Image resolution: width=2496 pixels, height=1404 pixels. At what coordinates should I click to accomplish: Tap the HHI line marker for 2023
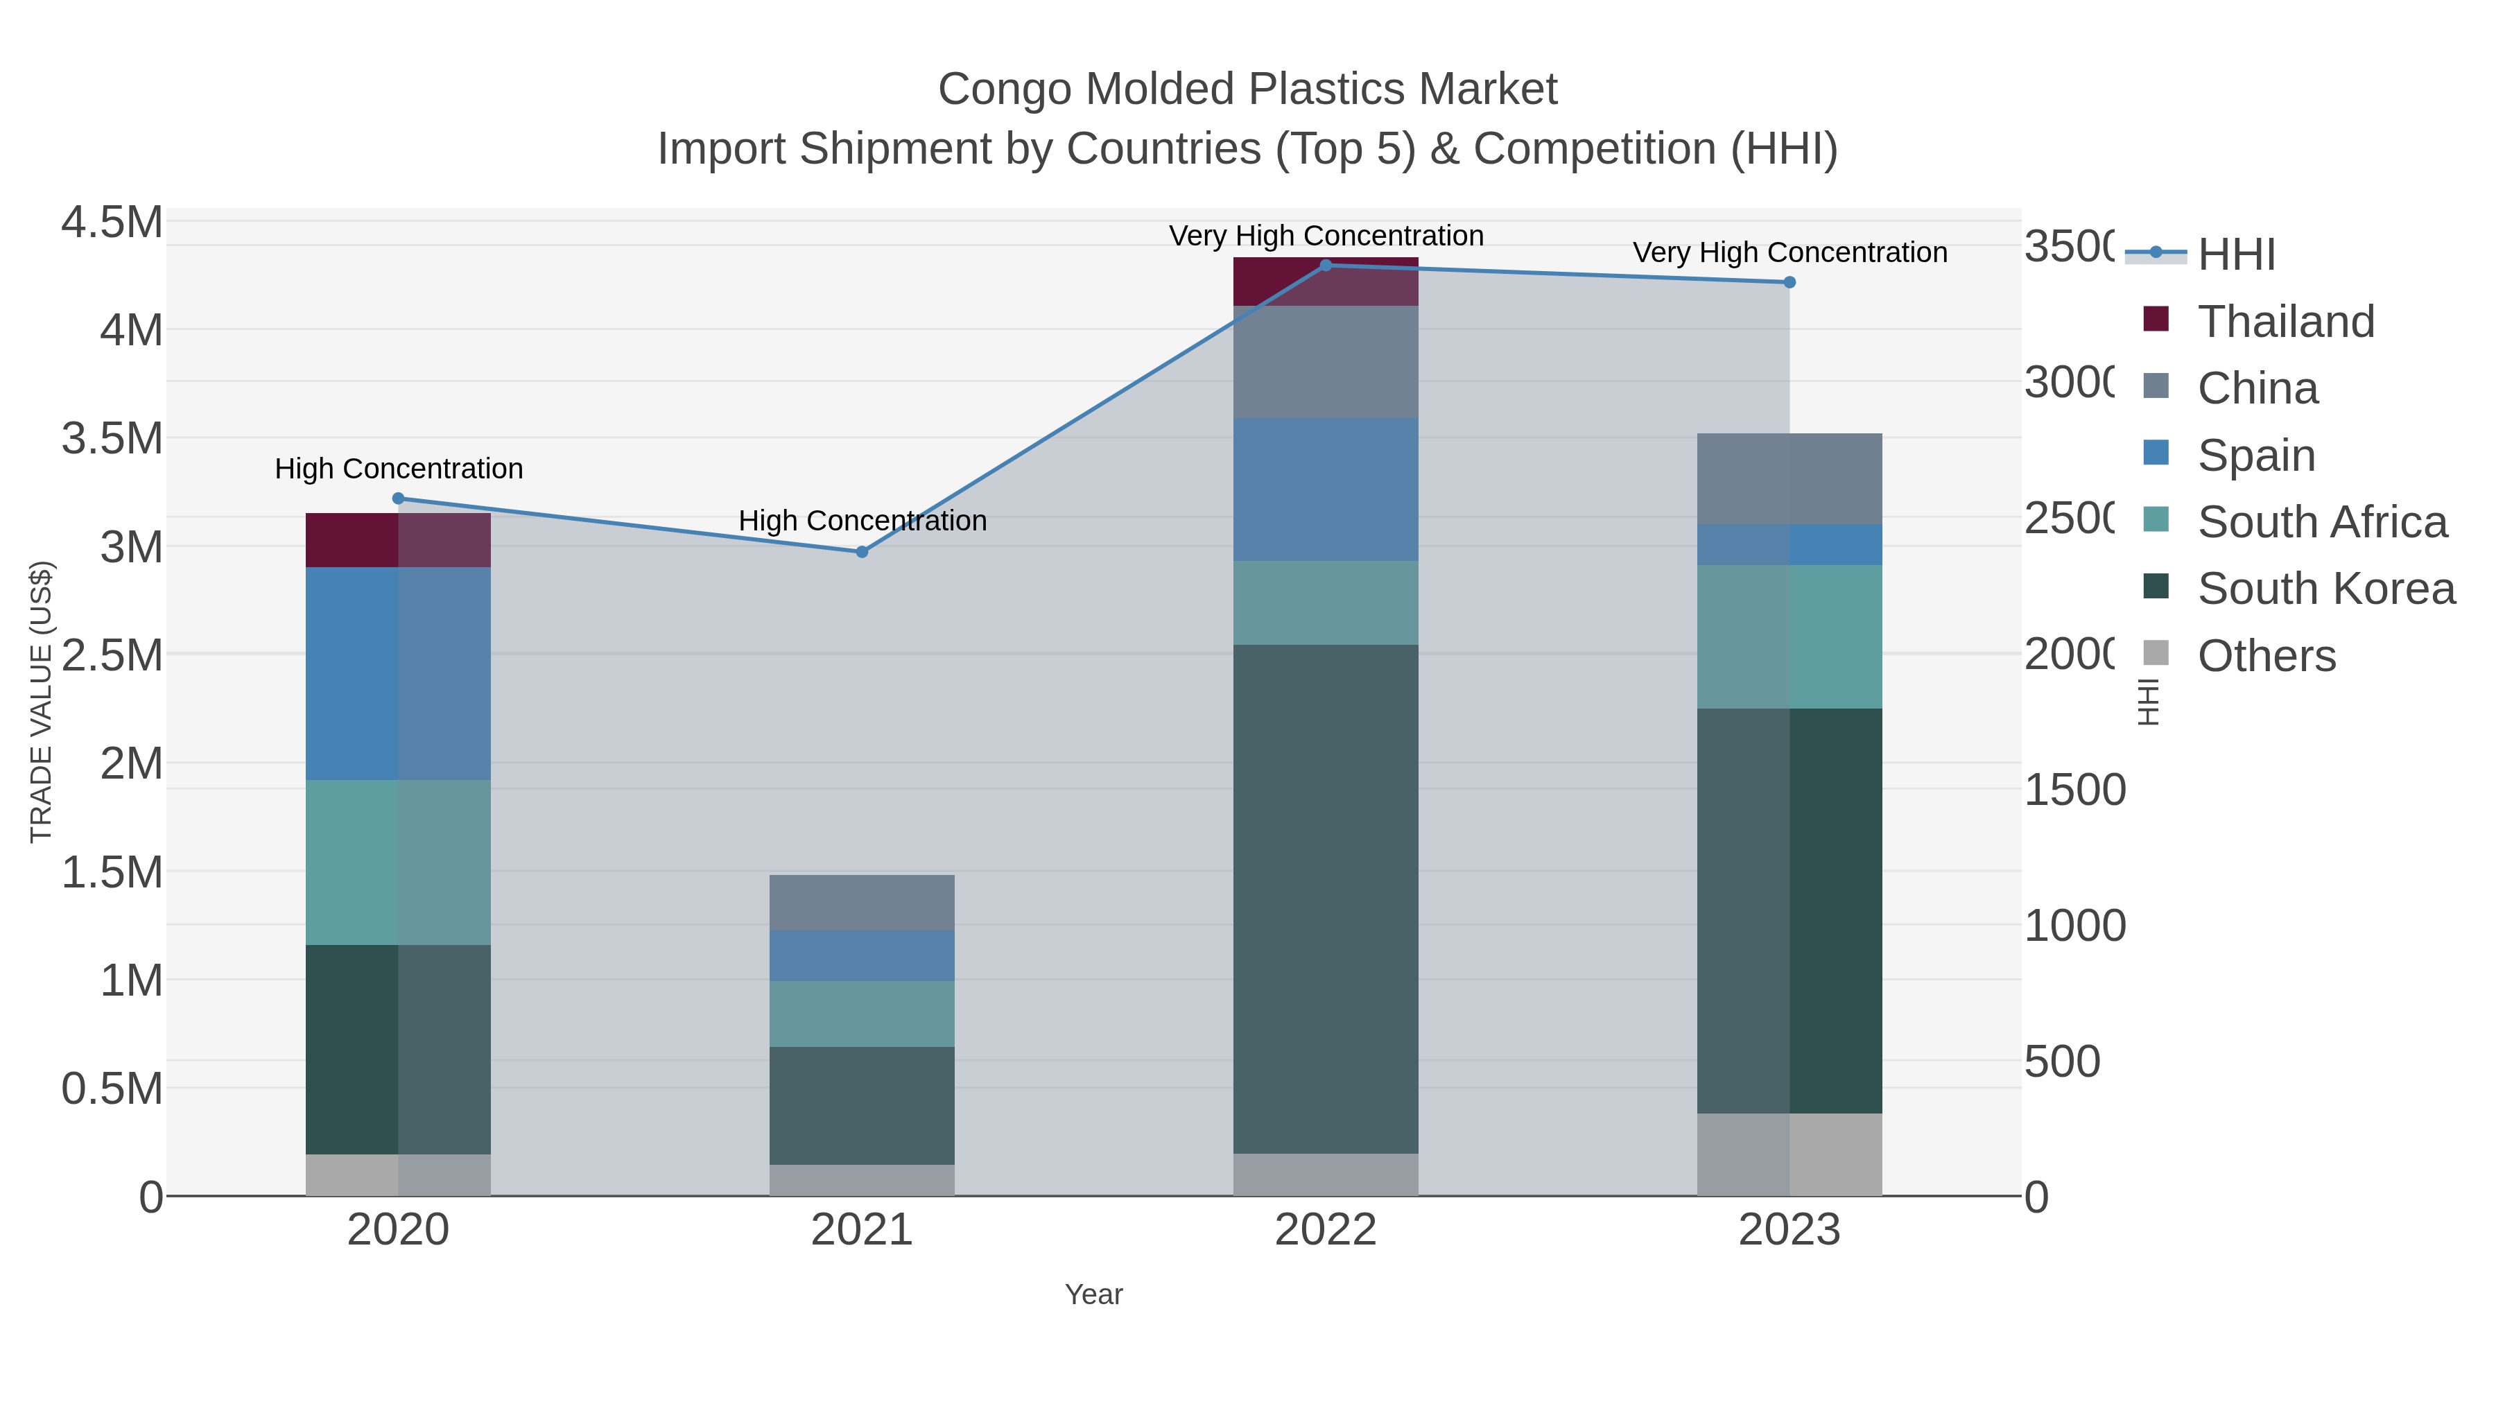(1789, 283)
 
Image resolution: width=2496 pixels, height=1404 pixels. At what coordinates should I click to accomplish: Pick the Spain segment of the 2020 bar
(397, 673)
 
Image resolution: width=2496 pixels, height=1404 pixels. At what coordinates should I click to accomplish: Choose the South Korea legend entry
(2325, 589)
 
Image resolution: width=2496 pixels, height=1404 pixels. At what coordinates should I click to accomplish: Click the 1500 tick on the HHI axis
(2074, 790)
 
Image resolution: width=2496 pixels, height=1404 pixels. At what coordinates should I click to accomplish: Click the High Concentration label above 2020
(398, 469)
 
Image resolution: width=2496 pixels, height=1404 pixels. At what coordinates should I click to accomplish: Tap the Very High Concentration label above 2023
(1789, 253)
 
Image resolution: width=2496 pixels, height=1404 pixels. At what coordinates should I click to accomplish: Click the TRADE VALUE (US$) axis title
(41, 702)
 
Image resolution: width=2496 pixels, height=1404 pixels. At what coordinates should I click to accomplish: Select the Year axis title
(1093, 1294)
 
